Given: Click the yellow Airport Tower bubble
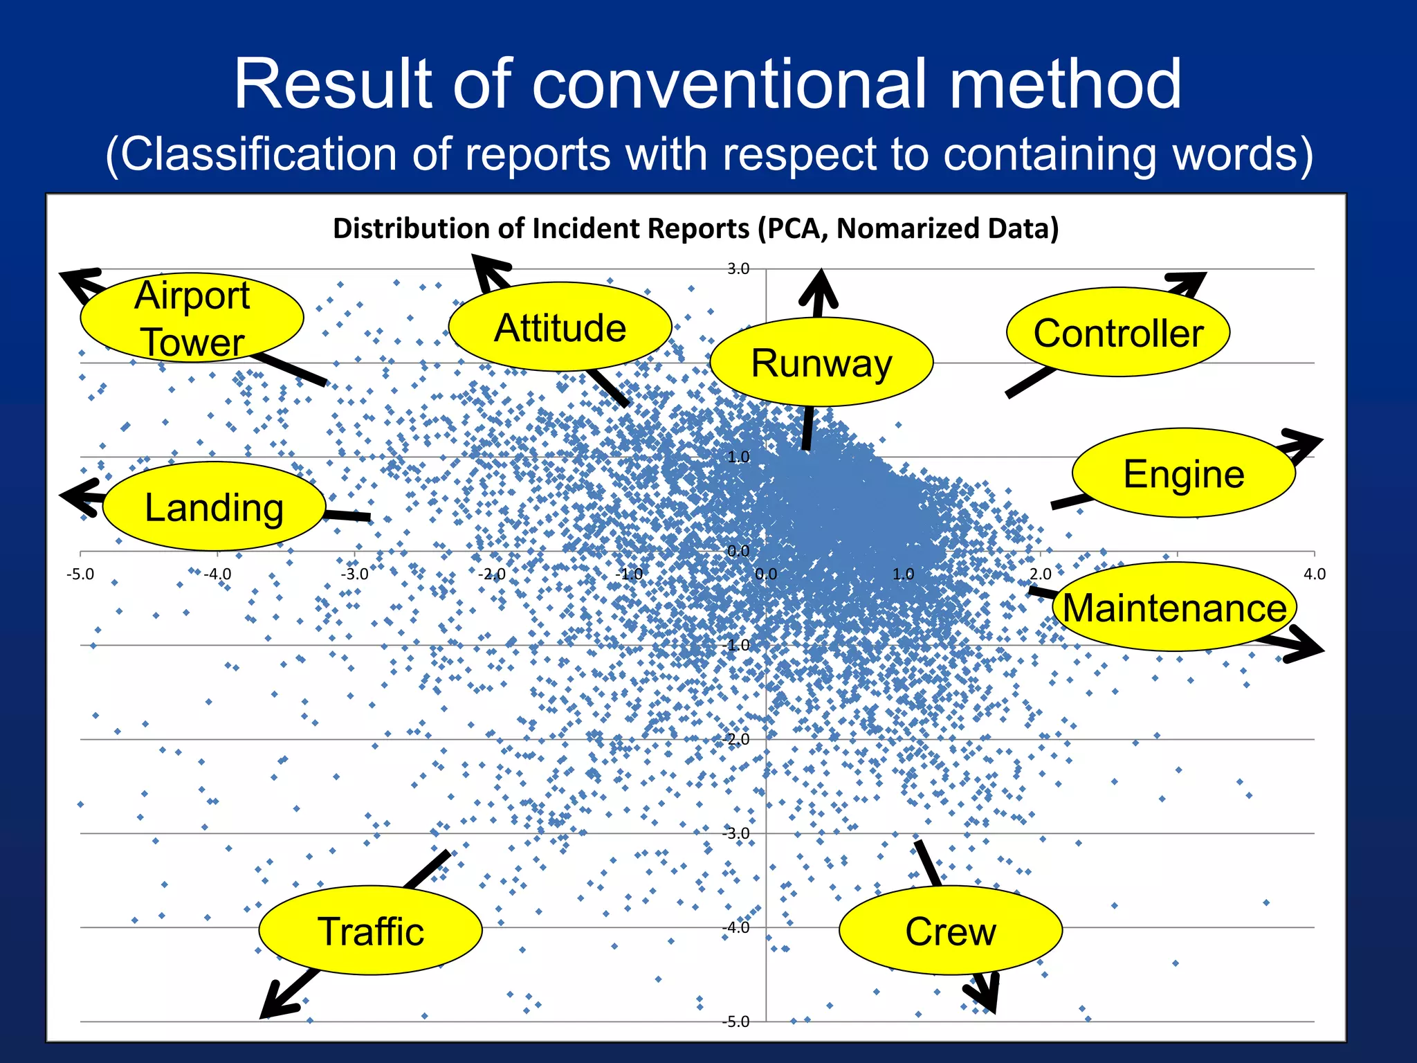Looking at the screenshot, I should (192, 318).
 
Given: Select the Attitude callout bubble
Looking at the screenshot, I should (560, 327).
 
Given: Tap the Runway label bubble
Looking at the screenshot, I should (821, 363).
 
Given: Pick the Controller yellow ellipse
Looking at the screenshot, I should (1118, 333).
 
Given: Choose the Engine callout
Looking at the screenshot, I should (1183, 473).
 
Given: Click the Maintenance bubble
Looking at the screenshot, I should (1174, 608).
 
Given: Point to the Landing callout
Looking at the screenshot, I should (214, 507).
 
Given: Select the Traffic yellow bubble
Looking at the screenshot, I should (370, 931).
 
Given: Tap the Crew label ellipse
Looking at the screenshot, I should (950, 931).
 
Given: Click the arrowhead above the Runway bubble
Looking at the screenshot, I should (819, 287).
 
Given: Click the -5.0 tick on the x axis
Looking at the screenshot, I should (80, 574).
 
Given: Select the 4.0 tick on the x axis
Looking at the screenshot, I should (1314, 574).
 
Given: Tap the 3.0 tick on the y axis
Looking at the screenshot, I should (738, 269).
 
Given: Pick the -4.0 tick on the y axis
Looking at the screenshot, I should (738, 927).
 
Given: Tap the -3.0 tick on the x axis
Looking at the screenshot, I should (354, 574).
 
